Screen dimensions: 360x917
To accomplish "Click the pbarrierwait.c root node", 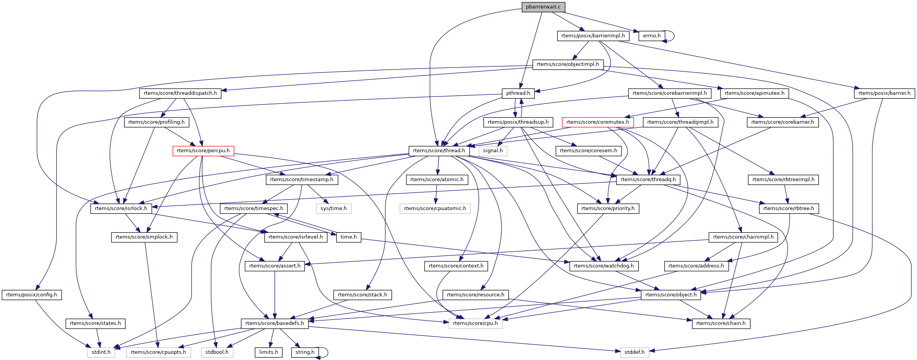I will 543,7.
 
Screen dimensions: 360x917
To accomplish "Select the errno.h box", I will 652,36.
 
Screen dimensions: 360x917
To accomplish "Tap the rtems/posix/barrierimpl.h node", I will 593,36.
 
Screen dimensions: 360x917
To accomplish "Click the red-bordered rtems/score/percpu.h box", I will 203,151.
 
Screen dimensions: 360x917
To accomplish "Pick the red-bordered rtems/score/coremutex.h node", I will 598,122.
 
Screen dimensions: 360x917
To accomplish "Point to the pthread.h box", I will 518,93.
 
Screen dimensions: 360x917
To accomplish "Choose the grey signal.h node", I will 493,151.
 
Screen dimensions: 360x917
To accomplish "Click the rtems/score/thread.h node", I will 439,151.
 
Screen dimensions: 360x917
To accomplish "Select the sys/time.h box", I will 334,209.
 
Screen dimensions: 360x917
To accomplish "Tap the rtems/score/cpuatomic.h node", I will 435,209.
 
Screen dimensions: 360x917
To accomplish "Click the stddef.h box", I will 635,352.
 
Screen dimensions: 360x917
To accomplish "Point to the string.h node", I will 305,352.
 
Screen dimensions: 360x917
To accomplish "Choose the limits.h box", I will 269,352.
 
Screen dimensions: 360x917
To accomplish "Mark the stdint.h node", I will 101,352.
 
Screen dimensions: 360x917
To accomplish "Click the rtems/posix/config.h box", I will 32,295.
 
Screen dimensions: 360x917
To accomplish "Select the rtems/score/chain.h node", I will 721,323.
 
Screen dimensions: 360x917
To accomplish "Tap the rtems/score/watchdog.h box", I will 603,266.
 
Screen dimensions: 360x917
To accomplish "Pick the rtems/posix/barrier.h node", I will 884,93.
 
